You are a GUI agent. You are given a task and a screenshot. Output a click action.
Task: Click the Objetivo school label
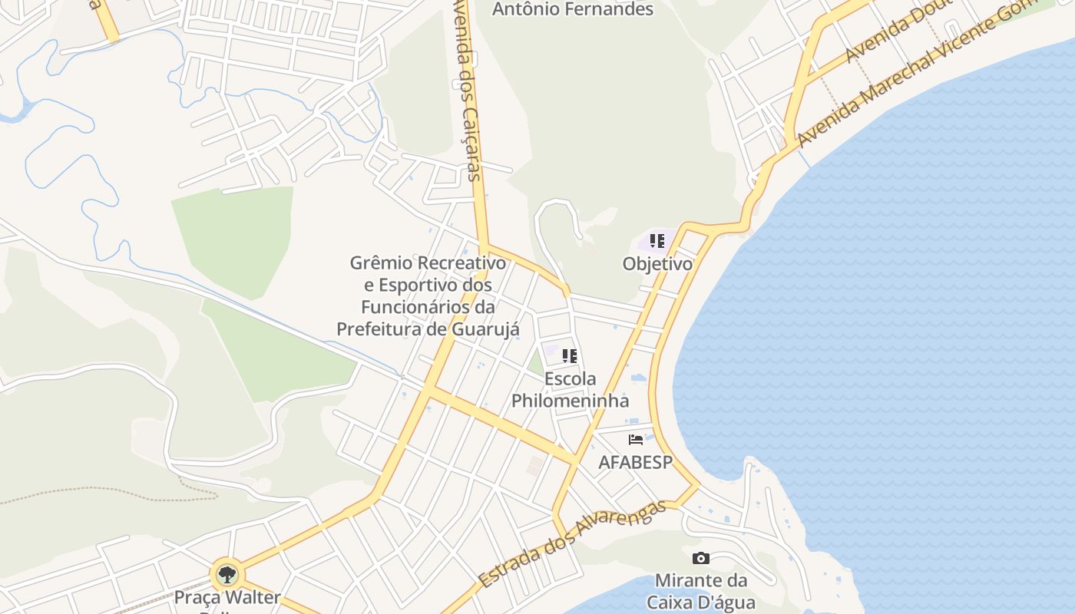pos(657,264)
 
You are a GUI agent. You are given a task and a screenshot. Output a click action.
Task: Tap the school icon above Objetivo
pos(657,242)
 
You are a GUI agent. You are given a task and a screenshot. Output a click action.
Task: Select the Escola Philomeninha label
pos(570,390)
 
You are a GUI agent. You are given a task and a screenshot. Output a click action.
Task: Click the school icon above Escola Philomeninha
pos(569,356)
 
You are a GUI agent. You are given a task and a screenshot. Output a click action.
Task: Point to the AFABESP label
pos(635,463)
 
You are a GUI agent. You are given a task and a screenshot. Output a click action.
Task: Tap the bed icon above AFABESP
pos(636,440)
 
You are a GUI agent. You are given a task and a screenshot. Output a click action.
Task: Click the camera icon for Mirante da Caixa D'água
pos(700,559)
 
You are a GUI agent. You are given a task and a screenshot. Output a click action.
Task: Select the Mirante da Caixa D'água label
pos(700,591)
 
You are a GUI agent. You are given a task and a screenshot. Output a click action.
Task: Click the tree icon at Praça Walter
pos(227,574)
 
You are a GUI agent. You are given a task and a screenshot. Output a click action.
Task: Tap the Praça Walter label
pos(227,597)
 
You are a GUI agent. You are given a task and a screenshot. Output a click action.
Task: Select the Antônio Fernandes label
pos(572,9)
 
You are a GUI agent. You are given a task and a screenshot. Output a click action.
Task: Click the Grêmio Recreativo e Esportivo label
pos(428,295)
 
